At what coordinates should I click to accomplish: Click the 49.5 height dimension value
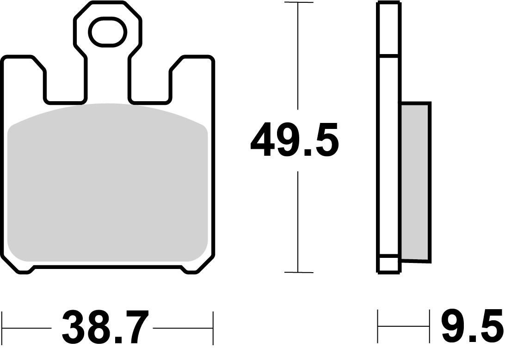click(x=295, y=140)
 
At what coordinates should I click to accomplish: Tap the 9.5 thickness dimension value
click(x=471, y=329)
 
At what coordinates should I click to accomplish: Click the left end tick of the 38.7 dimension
click(x=3, y=329)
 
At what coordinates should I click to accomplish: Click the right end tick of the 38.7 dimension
click(x=213, y=329)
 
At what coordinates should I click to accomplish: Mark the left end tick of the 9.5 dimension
click(x=379, y=329)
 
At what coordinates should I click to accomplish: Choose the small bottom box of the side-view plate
click(x=388, y=264)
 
